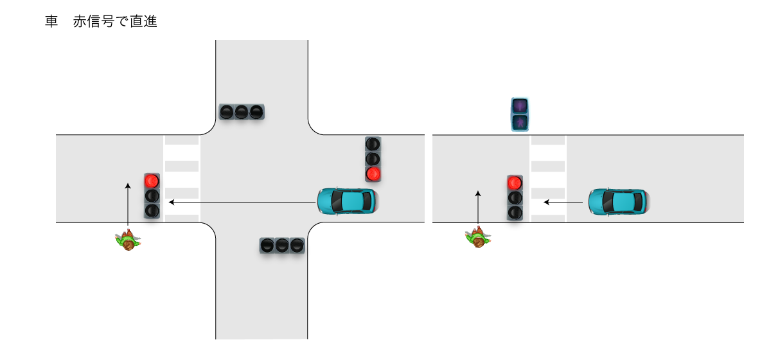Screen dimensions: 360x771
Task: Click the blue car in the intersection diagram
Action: [347, 201]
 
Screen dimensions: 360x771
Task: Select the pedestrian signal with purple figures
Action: [520, 114]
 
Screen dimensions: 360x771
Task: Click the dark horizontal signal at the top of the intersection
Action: [241, 112]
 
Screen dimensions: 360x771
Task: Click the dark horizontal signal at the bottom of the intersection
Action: [282, 245]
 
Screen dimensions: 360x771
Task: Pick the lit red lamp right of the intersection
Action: [373, 174]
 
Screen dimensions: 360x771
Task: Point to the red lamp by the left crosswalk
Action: [152, 181]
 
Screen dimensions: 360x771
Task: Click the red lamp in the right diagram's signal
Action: [515, 183]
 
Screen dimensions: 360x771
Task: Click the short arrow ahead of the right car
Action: [563, 202]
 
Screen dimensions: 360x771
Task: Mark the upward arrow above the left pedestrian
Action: [128, 204]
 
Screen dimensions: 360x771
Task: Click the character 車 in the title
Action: [51, 22]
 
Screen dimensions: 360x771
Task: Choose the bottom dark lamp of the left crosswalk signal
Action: [152, 210]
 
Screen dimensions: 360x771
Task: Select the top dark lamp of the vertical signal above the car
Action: [373, 144]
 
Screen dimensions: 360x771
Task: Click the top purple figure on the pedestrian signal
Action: [520, 105]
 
